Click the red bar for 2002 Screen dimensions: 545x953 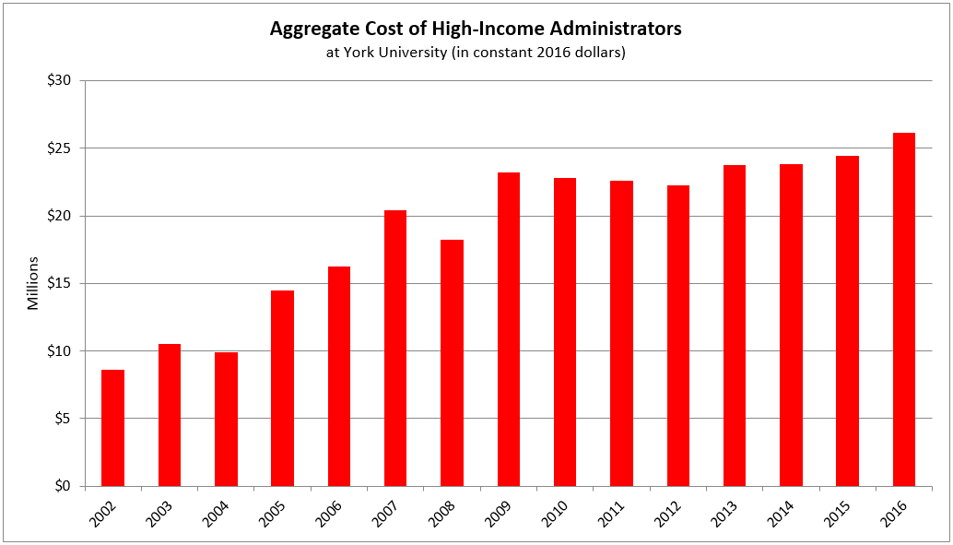pos(112,428)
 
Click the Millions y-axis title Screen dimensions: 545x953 pos(33,284)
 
